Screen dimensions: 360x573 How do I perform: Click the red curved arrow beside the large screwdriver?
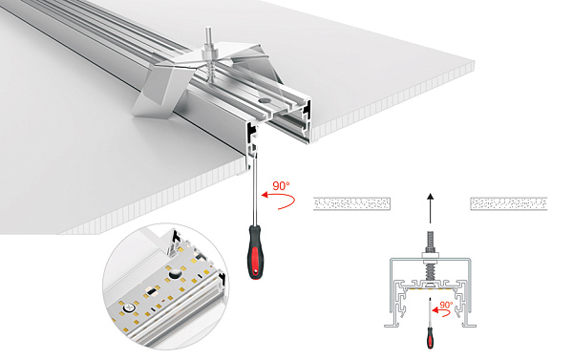(276, 201)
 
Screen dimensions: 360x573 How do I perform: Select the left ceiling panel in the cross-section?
(352, 203)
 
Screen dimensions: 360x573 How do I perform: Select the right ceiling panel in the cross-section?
(507, 203)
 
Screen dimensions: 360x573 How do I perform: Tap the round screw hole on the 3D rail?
(260, 99)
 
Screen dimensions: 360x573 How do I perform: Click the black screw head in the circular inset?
(179, 274)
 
